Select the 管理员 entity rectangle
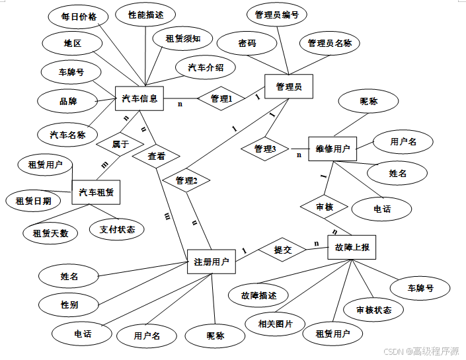click(288, 87)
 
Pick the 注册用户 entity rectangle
click(212, 262)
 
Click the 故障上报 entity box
click(352, 248)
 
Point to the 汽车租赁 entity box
click(96, 193)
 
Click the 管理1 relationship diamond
click(221, 99)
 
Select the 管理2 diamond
click(187, 180)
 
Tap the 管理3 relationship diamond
click(264, 149)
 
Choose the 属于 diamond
click(120, 143)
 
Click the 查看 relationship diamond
click(157, 157)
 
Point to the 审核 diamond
click(325, 207)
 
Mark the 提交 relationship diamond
click(282, 250)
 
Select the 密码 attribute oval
click(247, 43)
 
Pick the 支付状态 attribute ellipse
click(118, 229)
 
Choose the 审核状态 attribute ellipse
click(373, 310)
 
